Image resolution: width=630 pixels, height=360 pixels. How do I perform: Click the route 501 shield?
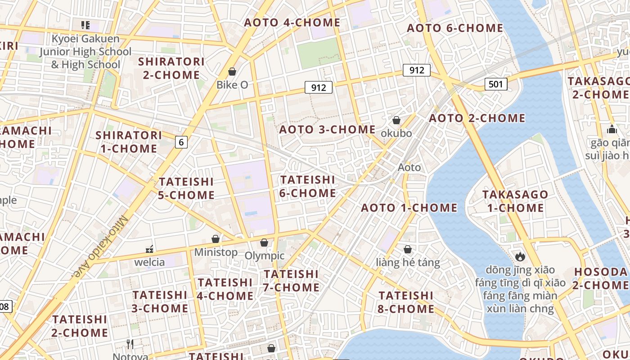pos(496,84)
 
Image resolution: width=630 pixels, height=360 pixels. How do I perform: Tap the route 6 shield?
pos(181,142)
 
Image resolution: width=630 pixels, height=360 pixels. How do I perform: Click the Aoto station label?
pos(409,167)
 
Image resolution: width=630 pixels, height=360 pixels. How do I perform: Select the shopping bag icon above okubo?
pos(396,120)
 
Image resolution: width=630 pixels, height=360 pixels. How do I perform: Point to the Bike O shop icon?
pos(232,72)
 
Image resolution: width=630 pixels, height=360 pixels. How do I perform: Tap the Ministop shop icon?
pos(216,239)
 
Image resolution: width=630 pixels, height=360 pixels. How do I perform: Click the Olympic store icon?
pos(264,243)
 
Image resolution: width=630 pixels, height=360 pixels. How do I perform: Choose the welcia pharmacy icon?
pos(150,249)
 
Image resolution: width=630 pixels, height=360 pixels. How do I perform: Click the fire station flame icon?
pos(520,256)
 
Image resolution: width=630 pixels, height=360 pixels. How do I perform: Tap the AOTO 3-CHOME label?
pos(328,130)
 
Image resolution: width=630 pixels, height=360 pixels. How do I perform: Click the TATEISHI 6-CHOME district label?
pos(308,186)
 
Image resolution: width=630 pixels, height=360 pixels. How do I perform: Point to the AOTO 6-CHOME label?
pos(455,28)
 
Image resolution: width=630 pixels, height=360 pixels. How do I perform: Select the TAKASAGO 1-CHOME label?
pos(515,201)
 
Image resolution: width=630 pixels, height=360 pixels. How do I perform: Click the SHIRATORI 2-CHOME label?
pos(171,68)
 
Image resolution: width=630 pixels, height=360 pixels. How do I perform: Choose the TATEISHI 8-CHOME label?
pos(406,302)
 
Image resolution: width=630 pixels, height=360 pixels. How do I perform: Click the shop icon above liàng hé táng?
pos(408,249)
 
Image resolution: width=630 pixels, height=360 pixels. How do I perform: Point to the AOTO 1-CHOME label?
pos(409,207)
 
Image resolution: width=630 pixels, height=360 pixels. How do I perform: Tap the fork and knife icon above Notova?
pos(130,344)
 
